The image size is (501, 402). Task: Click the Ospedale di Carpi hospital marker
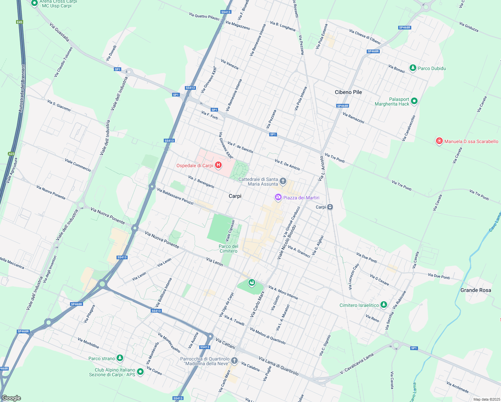218,165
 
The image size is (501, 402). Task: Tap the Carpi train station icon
330,207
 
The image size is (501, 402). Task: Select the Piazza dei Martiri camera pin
278,198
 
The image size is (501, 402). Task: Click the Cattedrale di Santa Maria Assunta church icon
283,182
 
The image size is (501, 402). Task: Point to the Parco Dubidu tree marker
413,68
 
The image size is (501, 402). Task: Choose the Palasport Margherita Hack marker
414,101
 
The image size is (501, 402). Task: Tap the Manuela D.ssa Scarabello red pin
439,141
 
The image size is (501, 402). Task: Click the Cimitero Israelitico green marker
384,305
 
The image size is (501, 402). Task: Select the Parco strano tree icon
120,358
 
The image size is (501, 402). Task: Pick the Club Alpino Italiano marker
140,372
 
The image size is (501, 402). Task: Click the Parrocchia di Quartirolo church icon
234,361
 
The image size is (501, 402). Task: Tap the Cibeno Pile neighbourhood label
348,92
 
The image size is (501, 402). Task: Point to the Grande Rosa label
476,290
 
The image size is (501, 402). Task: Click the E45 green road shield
19,22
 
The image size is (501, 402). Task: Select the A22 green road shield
11,154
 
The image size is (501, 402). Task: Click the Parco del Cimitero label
228,249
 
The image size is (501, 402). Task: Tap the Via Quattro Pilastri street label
204,16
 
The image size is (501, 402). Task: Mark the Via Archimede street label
457,387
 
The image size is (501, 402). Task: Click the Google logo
11,398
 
